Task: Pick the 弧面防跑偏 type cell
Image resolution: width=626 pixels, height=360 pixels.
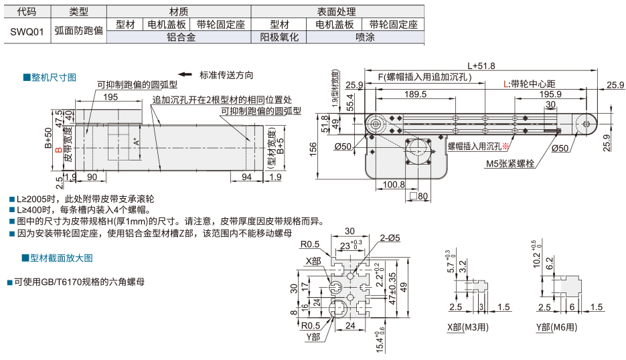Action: pyautogui.click(x=78, y=31)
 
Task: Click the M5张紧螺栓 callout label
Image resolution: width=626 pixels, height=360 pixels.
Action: pyautogui.click(x=510, y=163)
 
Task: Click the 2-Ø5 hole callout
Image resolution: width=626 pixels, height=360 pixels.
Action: pyautogui.click(x=390, y=238)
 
